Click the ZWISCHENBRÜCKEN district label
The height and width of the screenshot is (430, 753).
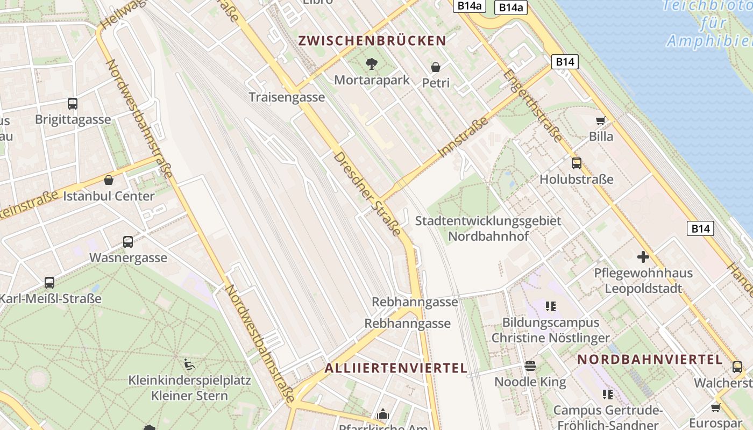pos(372,41)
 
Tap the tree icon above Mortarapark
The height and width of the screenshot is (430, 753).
pos(371,64)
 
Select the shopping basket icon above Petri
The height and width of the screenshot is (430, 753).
pos(436,67)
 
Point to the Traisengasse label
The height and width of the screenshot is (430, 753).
pos(287,97)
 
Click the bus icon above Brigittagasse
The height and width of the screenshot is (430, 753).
pos(73,104)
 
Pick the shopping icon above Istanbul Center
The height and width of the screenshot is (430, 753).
pos(109,180)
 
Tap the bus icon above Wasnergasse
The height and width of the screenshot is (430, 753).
pos(128,242)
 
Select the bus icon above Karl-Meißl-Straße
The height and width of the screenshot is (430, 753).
pos(49,282)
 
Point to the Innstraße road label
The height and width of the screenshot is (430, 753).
pos(464,137)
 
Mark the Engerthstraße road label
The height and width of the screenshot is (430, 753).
pos(533,105)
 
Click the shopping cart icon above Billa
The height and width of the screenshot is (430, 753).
pos(600,121)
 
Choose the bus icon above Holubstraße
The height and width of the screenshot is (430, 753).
pos(577,163)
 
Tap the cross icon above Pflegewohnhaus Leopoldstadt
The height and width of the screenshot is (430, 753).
pos(643,257)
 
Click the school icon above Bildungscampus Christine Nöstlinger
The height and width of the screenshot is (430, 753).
pos(550,306)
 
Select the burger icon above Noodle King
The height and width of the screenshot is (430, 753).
pos(530,366)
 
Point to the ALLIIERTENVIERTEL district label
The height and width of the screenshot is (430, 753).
pos(396,368)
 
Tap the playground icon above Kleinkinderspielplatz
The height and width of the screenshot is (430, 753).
pos(189,364)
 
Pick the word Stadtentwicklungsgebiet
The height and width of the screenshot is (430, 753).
pos(488,221)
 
